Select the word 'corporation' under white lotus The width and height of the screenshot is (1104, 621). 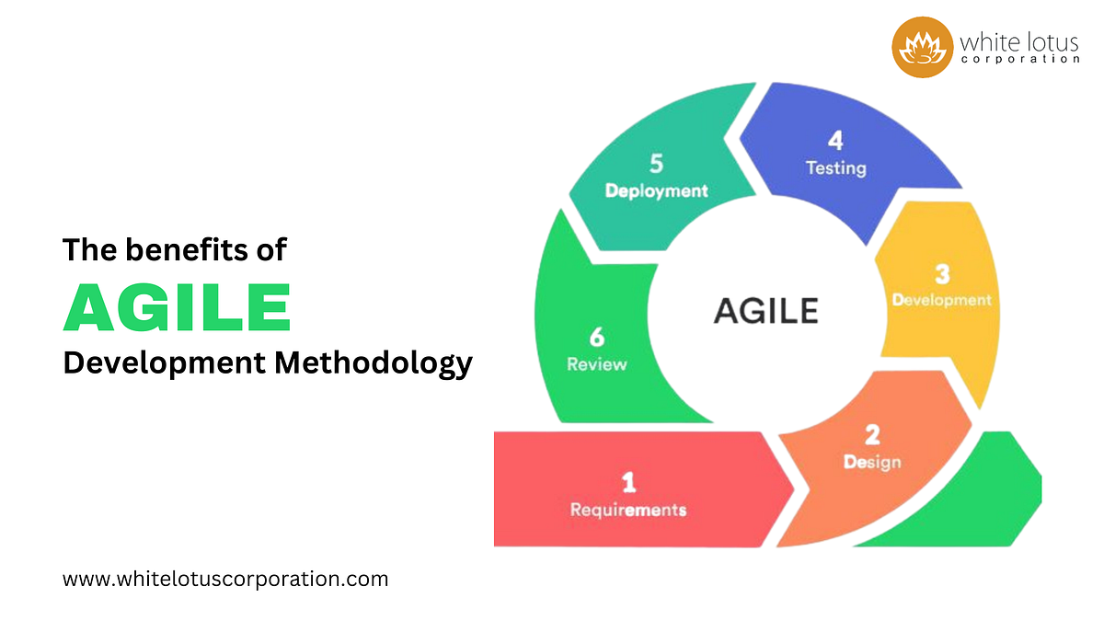pyautogui.click(x=1019, y=60)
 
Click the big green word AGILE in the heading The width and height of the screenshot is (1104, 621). pyautogui.click(x=177, y=307)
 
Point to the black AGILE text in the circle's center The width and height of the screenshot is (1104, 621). pyautogui.click(x=765, y=310)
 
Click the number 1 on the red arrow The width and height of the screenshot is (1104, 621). pyautogui.click(x=628, y=481)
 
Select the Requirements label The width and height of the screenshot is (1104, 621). pyautogui.click(x=628, y=509)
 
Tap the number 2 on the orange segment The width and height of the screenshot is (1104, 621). pyautogui.click(x=871, y=435)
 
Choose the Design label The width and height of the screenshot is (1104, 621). pyautogui.click(x=871, y=462)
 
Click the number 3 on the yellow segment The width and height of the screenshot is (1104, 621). pyautogui.click(x=942, y=274)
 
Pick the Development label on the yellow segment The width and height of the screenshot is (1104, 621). pyautogui.click(x=942, y=300)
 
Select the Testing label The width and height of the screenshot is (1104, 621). pyautogui.click(x=835, y=168)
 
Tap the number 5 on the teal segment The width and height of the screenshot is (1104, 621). pyautogui.click(x=656, y=164)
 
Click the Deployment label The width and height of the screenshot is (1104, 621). pyautogui.click(x=656, y=190)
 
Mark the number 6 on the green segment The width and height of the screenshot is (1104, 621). pyautogui.click(x=597, y=338)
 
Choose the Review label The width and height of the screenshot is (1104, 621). pyautogui.click(x=597, y=364)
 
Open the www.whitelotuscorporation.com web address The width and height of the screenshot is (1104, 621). pyautogui.click(x=225, y=580)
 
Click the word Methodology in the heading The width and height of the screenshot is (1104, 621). pyautogui.click(x=373, y=362)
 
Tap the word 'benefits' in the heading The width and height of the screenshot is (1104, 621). pyautogui.click(x=183, y=250)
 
